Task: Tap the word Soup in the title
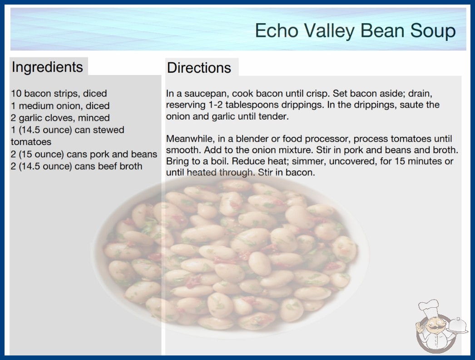433,30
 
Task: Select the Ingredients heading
47,67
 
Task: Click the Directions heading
199,68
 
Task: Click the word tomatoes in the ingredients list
31,142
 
